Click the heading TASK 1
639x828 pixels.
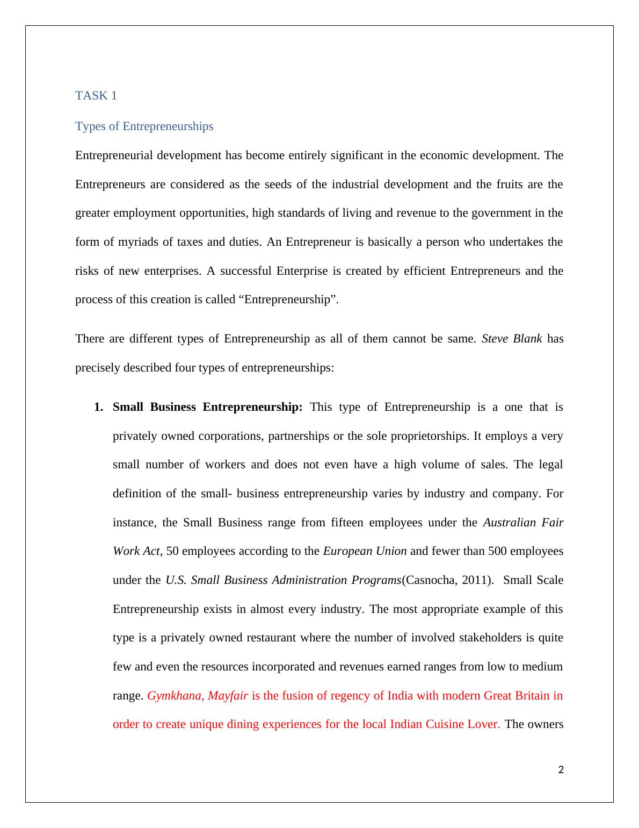pyautogui.click(x=96, y=96)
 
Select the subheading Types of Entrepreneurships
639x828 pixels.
pyautogui.click(x=144, y=126)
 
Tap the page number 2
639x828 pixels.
pyautogui.click(x=561, y=770)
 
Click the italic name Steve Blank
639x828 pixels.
pyautogui.click(x=512, y=339)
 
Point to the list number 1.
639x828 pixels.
pyautogui.click(x=98, y=407)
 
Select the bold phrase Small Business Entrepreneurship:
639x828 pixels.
pyautogui.click(x=208, y=407)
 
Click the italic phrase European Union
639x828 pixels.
pyautogui.click(x=365, y=551)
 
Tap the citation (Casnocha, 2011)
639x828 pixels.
pyautogui.click(x=448, y=580)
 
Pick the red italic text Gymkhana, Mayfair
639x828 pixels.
pyautogui.click(x=198, y=696)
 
